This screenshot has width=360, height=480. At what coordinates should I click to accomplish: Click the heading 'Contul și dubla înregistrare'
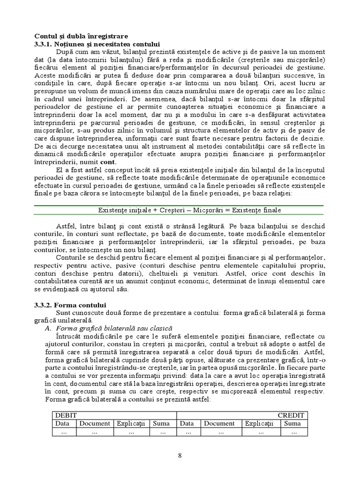pos(82,37)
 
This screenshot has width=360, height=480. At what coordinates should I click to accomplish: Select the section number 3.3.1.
pos(45,44)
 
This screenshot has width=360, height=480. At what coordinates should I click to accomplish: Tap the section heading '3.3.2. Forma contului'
pos(71,305)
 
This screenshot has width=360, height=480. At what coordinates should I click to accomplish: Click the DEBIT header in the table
pos(66,415)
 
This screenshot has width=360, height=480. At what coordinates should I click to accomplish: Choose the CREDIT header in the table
pos(291,415)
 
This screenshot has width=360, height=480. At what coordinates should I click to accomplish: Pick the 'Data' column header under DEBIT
pos(62,423)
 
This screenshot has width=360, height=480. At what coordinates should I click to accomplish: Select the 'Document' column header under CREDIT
pos(219,423)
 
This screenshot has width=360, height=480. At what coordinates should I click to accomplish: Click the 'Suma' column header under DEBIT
pos(161,423)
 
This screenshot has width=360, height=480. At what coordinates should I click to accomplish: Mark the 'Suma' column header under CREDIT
pos(292,423)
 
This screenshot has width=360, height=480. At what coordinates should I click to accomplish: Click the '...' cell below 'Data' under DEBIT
pos(64,432)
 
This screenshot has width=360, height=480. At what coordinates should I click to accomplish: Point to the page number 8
pos(180,455)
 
